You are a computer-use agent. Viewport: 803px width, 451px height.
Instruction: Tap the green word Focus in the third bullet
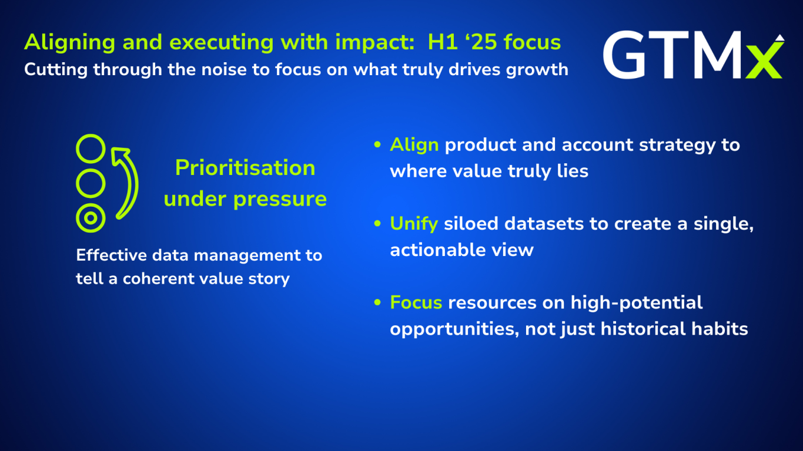coord(416,302)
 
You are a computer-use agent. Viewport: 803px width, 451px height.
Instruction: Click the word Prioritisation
coord(245,167)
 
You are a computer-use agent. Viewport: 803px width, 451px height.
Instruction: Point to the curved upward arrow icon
coord(132,179)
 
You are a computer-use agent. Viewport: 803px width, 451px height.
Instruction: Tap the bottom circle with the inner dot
coord(91,218)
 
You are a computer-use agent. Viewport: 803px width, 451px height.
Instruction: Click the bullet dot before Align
coord(377,144)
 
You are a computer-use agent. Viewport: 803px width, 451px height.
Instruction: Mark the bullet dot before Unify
coord(377,224)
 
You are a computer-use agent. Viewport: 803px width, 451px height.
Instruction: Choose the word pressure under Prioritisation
coord(280,200)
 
